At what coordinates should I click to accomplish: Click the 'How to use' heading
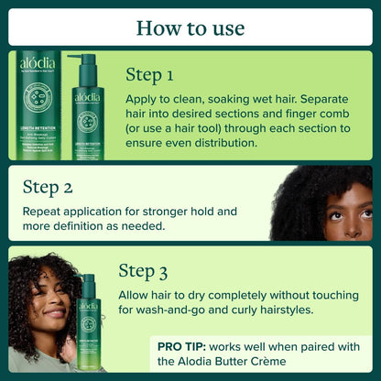tap(190, 27)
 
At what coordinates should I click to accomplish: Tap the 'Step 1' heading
tap(152, 73)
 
